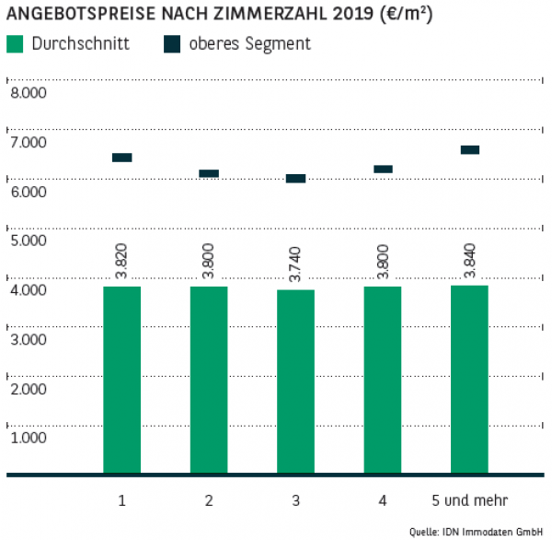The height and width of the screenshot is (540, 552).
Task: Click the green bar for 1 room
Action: (x=121, y=380)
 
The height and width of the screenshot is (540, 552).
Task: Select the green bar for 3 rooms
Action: (x=295, y=382)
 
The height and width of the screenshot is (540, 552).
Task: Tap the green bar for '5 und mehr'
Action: (x=469, y=380)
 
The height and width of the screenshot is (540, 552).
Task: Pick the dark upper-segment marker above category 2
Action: (x=209, y=173)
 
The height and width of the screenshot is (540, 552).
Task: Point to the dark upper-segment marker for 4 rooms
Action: (x=383, y=170)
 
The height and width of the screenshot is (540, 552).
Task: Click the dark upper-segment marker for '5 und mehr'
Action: (x=469, y=150)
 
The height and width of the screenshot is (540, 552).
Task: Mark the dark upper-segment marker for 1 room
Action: (x=121, y=158)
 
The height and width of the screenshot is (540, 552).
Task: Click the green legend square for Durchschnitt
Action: (x=15, y=44)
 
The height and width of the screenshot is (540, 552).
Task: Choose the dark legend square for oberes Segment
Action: (x=172, y=44)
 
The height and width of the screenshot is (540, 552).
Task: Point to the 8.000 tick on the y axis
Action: (x=27, y=93)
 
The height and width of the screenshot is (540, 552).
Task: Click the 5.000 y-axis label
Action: (x=27, y=241)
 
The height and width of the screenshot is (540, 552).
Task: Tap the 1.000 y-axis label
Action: (x=27, y=437)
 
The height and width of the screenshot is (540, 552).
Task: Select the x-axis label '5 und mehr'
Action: (x=469, y=500)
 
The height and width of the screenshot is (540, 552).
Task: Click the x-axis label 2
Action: (x=209, y=500)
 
